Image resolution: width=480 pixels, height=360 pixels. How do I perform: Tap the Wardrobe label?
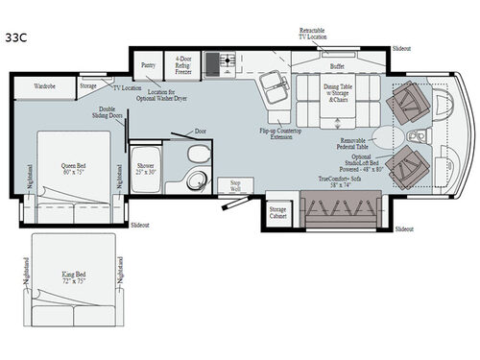click(44, 84)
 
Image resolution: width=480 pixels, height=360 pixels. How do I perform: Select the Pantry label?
click(148, 65)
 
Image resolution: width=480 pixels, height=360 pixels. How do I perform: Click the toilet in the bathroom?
click(193, 156)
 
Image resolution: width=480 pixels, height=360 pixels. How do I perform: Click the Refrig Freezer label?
click(182, 64)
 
